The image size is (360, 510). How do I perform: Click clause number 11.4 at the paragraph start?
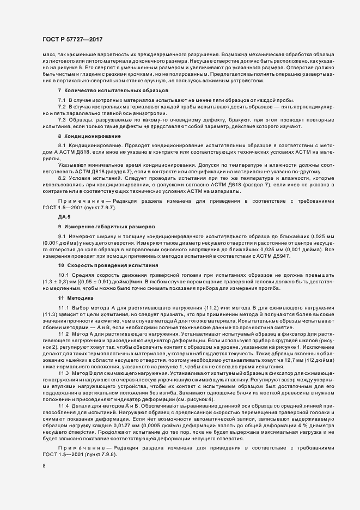(x=64, y=407)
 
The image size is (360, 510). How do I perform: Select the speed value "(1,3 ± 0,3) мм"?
(x=61, y=282)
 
